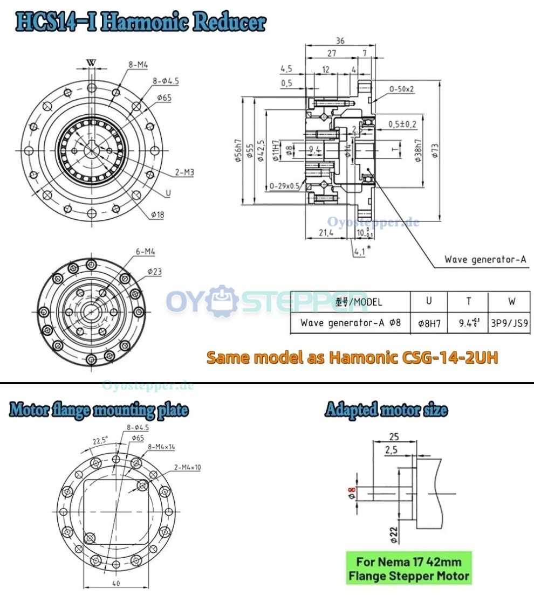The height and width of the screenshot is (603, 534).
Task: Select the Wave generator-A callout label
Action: click(484, 260)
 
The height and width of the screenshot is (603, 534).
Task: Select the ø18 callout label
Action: click(158, 214)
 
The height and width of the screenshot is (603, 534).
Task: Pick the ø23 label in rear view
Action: click(154, 272)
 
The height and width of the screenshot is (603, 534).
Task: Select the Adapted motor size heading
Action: click(386, 411)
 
